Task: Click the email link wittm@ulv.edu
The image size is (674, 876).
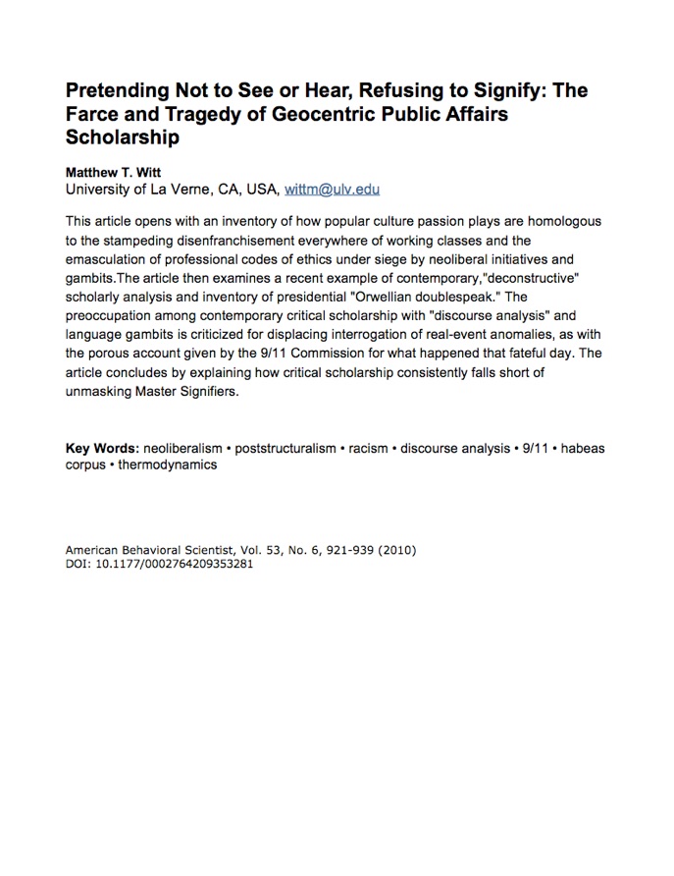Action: (x=332, y=190)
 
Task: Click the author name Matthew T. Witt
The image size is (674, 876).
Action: (x=115, y=172)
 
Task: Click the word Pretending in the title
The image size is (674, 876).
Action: (x=119, y=91)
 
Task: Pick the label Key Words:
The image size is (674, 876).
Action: (x=101, y=449)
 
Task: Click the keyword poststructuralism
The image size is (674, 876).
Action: (x=285, y=449)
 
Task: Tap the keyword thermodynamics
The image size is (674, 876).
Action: (x=167, y=465)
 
